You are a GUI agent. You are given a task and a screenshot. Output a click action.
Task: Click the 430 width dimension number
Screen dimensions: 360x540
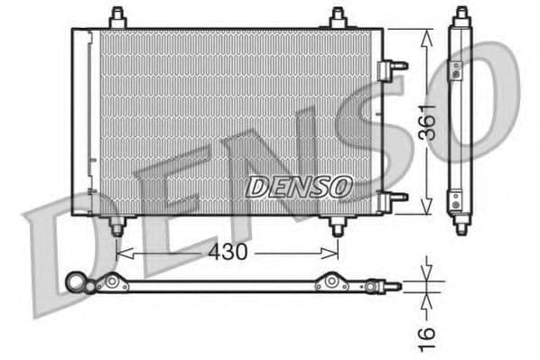[x=228, y=253]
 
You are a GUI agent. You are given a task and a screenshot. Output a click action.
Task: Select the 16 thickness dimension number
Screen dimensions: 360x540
[x=427, y=333]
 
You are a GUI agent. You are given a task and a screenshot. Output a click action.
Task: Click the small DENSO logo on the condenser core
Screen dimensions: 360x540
[x=297, y=187]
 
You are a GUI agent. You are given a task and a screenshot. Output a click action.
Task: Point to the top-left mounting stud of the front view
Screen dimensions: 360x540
[x=116, y=17]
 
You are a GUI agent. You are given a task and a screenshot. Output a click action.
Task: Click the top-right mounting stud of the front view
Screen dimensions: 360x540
[x=338, y=17]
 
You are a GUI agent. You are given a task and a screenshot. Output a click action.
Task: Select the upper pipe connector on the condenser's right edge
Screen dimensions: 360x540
[x=394, y=65]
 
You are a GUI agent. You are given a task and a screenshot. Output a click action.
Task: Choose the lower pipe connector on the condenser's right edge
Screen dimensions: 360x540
[x=394, y=198]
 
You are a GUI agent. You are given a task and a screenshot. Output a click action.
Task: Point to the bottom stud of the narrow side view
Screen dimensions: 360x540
[x=461, y=226]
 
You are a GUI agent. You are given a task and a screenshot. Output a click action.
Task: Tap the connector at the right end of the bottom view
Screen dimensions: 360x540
[x=392, y=286]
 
